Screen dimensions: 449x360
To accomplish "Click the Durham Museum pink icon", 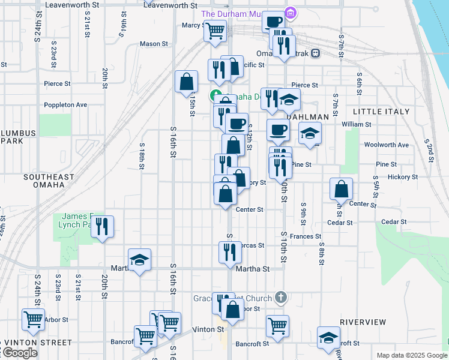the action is [x=291, y=13].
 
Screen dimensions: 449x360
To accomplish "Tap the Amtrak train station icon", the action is [x=315, y=53].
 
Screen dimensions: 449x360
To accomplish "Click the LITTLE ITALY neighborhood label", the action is [x=381, y=112].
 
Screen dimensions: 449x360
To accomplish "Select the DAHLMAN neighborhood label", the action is [x=308, y=117].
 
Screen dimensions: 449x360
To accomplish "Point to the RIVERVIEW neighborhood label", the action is [x=363, y=322].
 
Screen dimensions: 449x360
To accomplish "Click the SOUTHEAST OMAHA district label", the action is [x=49, y=181].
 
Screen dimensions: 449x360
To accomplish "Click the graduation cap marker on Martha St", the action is [x=139, y=259].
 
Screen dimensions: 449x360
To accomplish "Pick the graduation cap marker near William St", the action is [x=310, y=133].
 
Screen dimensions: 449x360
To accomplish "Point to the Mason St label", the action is [x=154, y=44].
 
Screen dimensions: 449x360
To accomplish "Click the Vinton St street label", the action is [x=208, y=329].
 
